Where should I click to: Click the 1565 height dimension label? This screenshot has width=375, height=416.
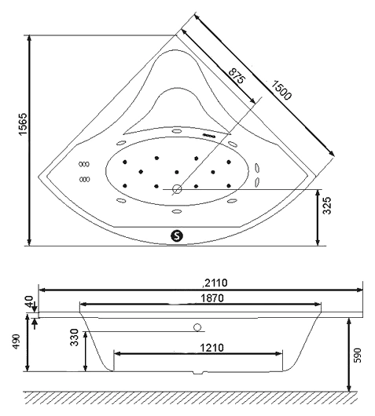pyautogui.click(x=23, y=124)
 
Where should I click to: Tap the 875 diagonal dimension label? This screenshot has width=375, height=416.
pyautogui.click(x=237, y=75)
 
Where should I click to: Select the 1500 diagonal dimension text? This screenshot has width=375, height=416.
pyautogui.click(x=281, y=90)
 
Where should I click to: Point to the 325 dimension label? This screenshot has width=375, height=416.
pyautogui.click(x=327, y=206)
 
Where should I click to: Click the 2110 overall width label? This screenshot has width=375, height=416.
pyautogui.click(x=215, y=283)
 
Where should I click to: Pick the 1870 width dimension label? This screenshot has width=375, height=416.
pyautogui.click(x=212, y=298)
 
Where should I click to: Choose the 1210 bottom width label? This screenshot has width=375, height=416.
pyautogui.click(x=211, y=347)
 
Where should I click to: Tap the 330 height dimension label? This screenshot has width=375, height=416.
pyautogui.click(x=75, y=338)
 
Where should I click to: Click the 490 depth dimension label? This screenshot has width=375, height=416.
pyautogui.click(x=17, y=341)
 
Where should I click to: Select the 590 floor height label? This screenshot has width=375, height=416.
pyautogui.click(x=358, y=355)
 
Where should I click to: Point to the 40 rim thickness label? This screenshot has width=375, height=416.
pyautogui.click(x=30, y=301)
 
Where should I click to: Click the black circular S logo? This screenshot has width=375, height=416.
pyautogui.click(x=177, y=235)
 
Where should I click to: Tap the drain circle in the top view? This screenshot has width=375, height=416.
pyautogui.click(x=177, y=189)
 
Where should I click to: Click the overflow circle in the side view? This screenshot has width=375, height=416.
pyautogui.click(x=197, y=327)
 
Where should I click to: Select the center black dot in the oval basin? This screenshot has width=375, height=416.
pyautogui.click(x=177, y=172)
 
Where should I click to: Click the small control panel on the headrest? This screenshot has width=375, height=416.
pyautogui.click(x=209, y=135)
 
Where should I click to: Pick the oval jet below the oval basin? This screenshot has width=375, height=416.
pyautogui.click(x=176, y=211)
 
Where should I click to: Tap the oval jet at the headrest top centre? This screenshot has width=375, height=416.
pyautogui.click(x=176, y=130)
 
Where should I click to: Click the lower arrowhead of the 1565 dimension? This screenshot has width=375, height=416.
pyautogui.click(x=29, y=242)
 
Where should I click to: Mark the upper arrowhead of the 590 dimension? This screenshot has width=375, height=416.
pyautogui.click(x=349, y=322)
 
